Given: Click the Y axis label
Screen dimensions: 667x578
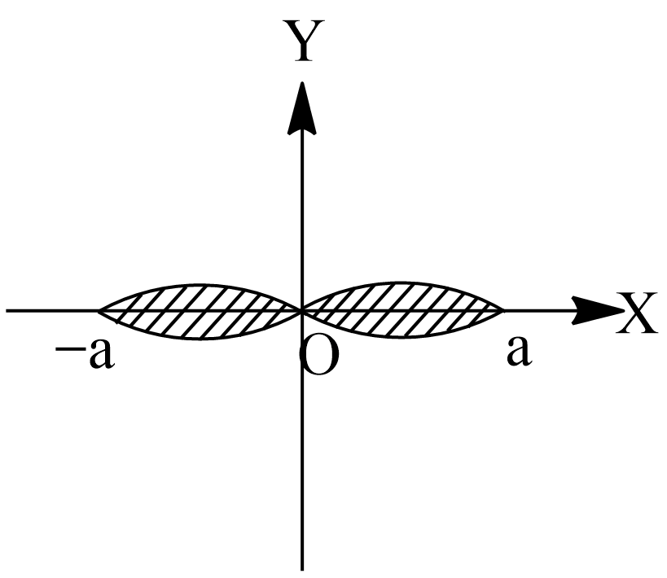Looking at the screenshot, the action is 305,40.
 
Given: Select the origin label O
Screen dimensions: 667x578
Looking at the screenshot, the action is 319,357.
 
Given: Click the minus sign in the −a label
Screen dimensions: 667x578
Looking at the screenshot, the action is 69,349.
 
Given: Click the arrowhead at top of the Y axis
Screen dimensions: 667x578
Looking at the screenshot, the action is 301,108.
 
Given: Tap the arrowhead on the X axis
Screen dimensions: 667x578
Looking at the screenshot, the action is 598,311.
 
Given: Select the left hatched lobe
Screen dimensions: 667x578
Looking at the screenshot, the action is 199,311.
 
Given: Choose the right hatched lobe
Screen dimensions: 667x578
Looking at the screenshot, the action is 402,310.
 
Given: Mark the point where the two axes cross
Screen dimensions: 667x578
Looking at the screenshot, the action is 302,311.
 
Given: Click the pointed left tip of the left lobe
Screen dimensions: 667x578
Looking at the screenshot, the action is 98,311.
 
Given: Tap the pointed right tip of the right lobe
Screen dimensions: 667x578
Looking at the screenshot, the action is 504,311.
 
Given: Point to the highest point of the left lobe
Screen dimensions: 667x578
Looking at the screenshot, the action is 196,284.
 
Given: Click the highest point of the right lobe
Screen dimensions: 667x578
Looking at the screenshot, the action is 400,282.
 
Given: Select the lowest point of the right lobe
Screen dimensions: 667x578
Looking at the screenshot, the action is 402,338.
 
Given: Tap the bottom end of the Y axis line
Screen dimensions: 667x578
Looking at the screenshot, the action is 302,570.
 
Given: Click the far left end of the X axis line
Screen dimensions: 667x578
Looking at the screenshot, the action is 7,311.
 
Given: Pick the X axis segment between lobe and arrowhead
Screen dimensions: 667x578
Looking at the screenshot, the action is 539,311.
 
